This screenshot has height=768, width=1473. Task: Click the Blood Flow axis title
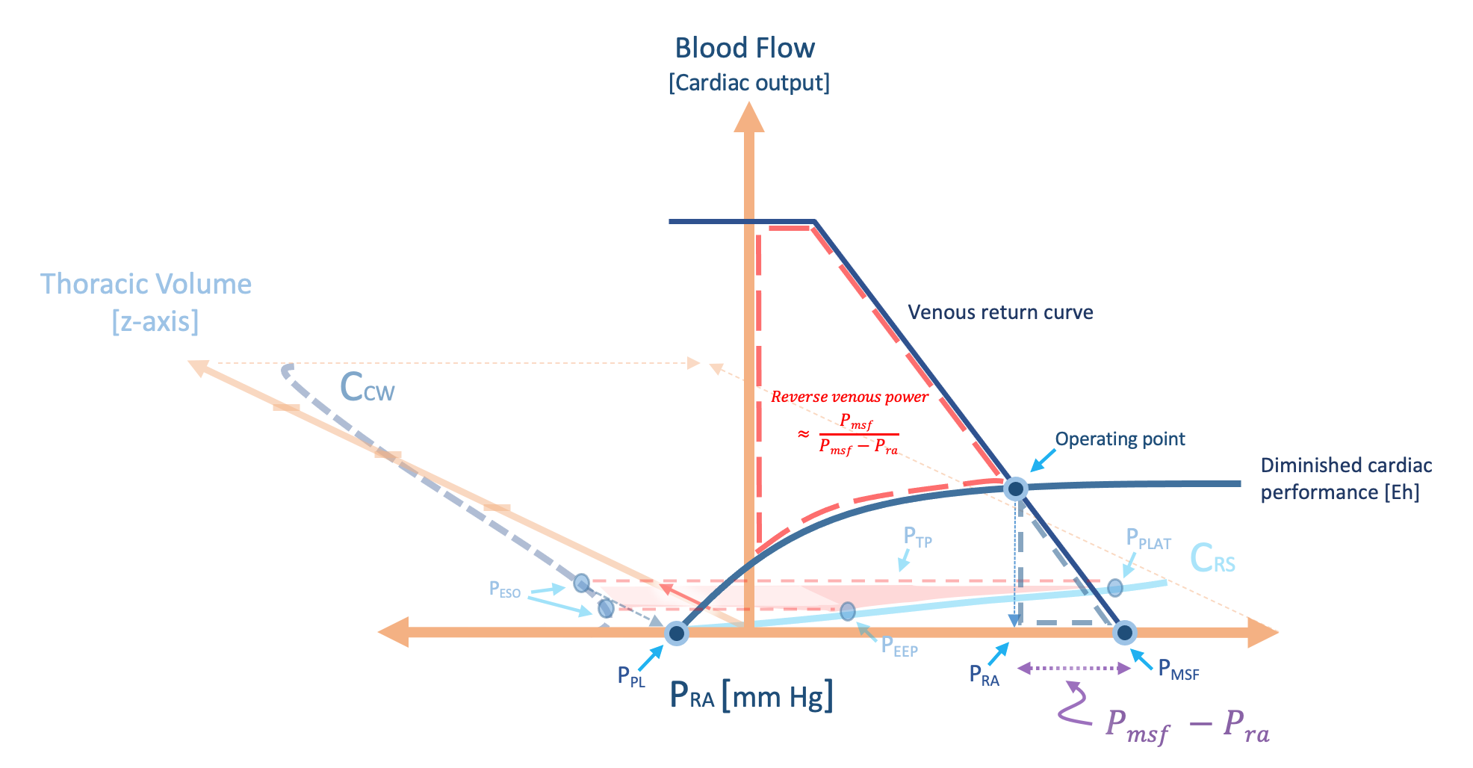click(x=745, y=48)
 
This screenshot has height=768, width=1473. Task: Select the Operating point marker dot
click(x=1015, y=489)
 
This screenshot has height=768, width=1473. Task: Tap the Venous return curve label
click(x=1000, y=312)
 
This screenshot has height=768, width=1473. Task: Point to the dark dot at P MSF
click(x=1124, y=633)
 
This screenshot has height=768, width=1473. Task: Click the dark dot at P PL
click(x=677, y=634)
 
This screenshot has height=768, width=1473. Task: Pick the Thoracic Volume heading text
click(x=146, y=285)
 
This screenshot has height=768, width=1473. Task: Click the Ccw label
click(x=367, y=388)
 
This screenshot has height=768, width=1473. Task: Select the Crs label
click(x=1212, y=559)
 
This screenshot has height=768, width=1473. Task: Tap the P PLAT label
click(x=1148, y=539)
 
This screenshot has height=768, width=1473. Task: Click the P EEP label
click(x=899, y=646)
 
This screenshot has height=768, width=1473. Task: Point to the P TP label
click(x=917, y=537)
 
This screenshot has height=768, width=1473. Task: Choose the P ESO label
click(x=505, y=589)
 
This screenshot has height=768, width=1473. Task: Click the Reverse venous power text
click(x=849, y=397)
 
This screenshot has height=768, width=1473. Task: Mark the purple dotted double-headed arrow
click(x=1074, y=669)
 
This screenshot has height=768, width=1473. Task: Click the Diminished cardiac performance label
click(x=1346, y=479)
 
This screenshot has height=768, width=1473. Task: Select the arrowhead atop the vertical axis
click(x=748, y=118)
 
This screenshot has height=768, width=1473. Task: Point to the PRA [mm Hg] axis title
click(x=751, y=696)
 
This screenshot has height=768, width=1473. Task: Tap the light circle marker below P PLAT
click(x=1114, y=587)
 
